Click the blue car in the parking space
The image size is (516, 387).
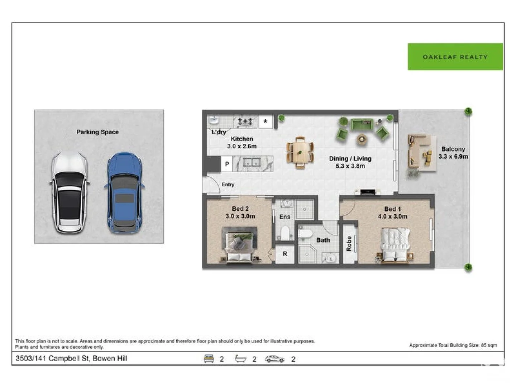pos(124,193)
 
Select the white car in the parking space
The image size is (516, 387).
pos(70,193)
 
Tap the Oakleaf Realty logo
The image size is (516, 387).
pos(455,57)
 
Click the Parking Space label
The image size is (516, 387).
pos(97,132)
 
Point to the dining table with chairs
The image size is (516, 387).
pos(300,153)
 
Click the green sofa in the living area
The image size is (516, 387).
pos(362,124)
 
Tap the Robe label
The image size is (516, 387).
pos(349,244)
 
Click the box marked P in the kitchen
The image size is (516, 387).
pos(227,164)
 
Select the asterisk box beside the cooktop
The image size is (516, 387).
pos(266,121)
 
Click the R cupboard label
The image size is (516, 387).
pos(285,254)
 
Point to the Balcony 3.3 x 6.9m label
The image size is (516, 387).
pos(453,153)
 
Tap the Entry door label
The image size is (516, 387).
pos(228,185)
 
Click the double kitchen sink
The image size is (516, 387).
pos(252,162)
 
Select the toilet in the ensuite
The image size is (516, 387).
pos(285,233)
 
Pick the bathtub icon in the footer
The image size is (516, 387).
pos(241,359)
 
